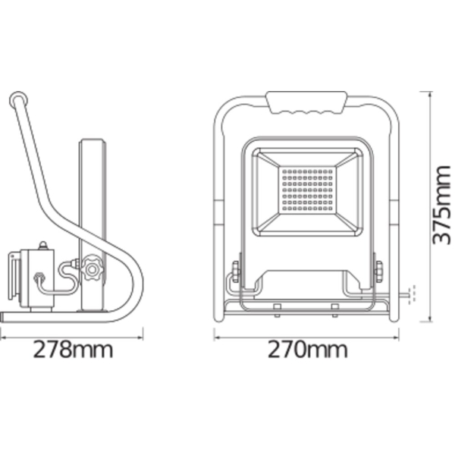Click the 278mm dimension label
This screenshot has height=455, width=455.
coord(73,350)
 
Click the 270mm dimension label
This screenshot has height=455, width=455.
coord(307,350)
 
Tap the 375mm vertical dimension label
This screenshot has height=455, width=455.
coord(441,206)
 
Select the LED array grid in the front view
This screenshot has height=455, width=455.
coord(307,190)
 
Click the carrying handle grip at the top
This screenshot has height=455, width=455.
coord(306,102)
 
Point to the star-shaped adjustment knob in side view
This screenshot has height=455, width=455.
coord(92,268)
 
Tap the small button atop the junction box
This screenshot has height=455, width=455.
coord(43,245)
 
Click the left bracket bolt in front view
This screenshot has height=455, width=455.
coord(235,271)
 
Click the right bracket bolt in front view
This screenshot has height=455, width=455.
coord(378,271)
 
